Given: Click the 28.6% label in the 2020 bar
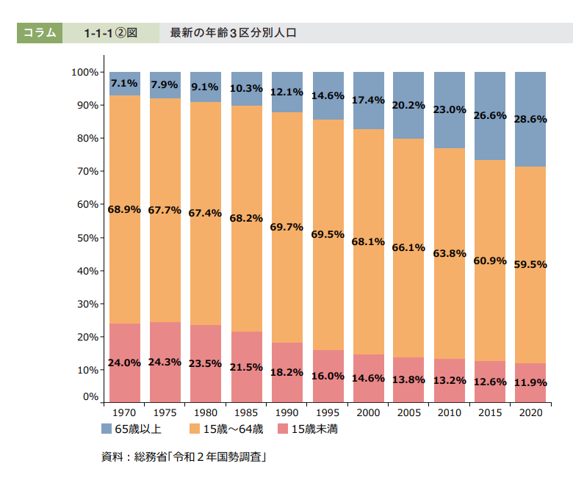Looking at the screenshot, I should (530, 119).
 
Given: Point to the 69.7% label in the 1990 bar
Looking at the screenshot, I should (286, 227).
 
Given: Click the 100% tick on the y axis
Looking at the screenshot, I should (85, 72).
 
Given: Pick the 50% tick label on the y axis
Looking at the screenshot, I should (87, 238).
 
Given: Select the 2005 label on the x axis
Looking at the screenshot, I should (408, 413).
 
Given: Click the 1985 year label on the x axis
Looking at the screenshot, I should (246, 413).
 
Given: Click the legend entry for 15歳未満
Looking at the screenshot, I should (308, 429).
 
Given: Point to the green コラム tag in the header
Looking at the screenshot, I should (40, 33).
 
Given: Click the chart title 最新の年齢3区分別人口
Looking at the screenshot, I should (233, 33).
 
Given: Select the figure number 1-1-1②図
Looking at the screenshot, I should (110, 33).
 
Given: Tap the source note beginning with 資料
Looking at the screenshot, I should (183, 457).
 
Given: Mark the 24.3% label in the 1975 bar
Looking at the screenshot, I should (165, 363).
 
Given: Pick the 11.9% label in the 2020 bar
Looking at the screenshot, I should (530, 382).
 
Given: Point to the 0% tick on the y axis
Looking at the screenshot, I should (90, 396).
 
